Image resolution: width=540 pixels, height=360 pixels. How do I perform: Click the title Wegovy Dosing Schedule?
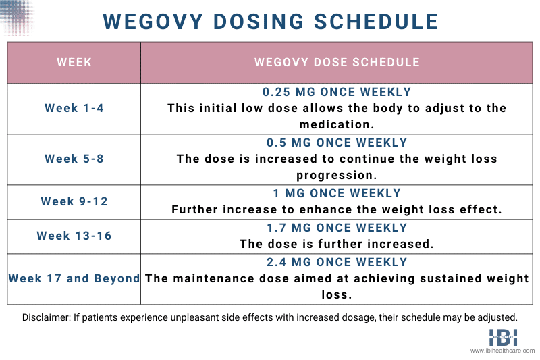[270, 20]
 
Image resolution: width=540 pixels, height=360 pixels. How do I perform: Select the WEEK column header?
[74, 63]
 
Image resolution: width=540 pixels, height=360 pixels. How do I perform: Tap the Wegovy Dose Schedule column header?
[337, 63]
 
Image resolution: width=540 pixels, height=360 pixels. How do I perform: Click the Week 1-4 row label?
[74, 108]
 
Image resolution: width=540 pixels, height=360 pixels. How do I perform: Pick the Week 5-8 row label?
[74, 159]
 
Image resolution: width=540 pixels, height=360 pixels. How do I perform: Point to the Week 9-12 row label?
[74, 201]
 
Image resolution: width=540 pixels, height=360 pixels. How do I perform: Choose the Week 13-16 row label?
[74, 236]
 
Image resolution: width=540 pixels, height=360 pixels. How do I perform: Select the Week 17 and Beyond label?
[74, 278]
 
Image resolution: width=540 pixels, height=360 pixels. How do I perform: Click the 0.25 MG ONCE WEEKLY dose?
[337, 92]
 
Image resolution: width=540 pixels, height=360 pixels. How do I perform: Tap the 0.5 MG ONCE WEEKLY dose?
[337, 143]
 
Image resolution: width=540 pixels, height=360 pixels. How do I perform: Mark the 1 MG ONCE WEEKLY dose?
[337, 193]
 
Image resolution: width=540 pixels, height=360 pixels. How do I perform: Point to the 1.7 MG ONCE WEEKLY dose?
[337, 228]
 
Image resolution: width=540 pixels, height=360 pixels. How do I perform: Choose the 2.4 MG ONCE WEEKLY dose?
[337, 262]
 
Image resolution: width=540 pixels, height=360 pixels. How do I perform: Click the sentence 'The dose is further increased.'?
[337, 244]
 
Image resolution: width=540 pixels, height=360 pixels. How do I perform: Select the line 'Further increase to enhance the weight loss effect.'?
[337, 209]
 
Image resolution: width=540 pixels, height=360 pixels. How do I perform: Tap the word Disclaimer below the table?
[44, 317]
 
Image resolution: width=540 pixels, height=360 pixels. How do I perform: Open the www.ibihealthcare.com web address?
[502, 351]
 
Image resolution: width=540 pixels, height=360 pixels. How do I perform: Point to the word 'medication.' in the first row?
[337, 124]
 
